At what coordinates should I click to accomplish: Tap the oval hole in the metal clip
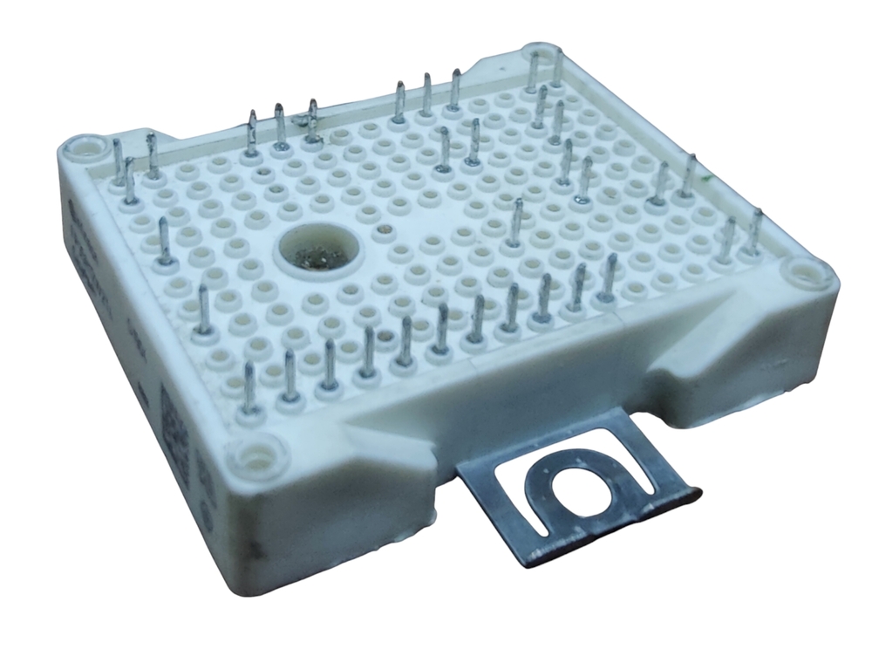click(x=569, y=493)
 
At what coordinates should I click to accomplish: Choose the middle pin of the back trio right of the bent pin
click(x=427, y=93)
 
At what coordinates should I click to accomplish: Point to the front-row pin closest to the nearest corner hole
click(x=249, y=390)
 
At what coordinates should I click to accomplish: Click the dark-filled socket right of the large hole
click(x=382, y=231)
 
